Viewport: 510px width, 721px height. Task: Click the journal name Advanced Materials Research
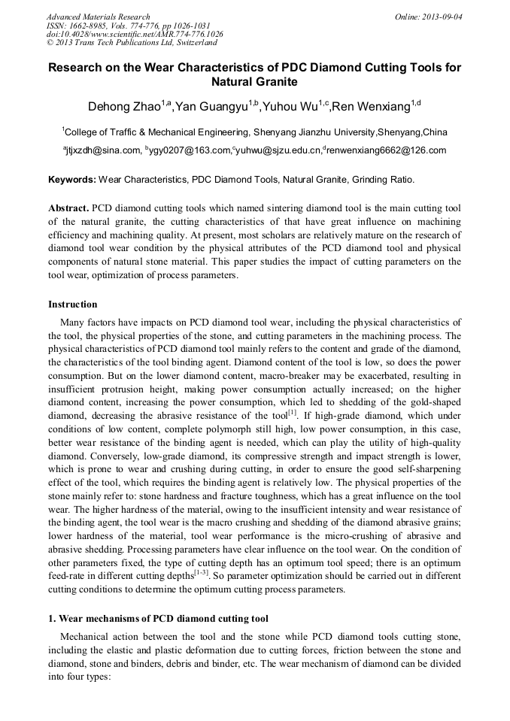click(98, 17)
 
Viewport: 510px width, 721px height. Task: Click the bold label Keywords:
click(72, 180)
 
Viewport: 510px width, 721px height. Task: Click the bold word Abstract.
click(68, 207)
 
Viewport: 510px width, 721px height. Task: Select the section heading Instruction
click(73, 304)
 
